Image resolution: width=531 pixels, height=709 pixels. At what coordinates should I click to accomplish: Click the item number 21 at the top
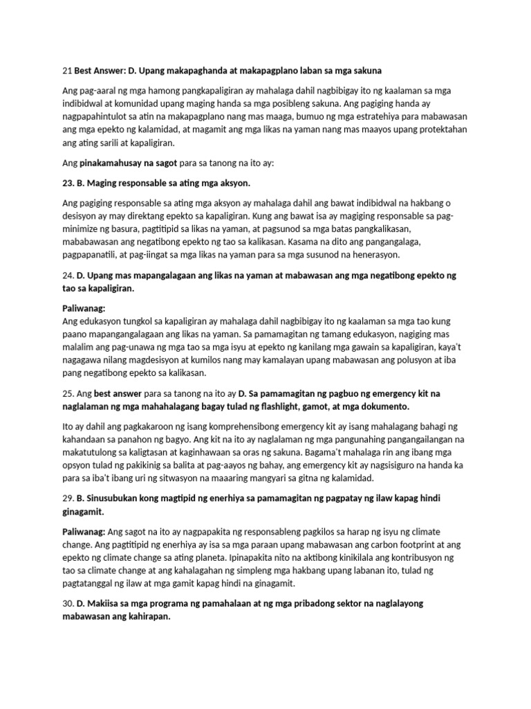[66, 71]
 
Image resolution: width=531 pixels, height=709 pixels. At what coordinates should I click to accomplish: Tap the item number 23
[68, 183]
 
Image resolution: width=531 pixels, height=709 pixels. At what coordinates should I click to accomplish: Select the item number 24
[68, 276]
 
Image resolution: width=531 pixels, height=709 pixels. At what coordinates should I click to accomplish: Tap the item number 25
[68, 393]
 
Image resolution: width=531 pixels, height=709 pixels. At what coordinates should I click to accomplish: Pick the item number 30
[68, 604]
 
